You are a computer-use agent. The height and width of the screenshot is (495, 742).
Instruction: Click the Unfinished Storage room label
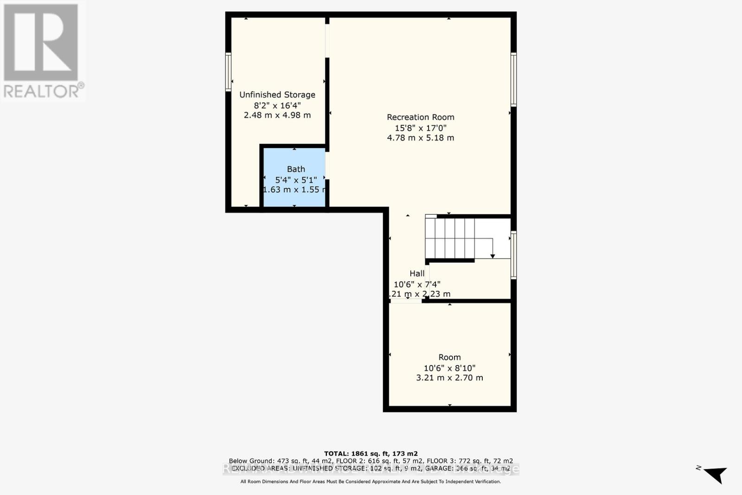point(277,95)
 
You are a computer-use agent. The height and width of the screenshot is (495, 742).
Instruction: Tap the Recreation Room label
point(421,117)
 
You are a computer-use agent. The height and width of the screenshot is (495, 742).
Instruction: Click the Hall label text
point(417,274)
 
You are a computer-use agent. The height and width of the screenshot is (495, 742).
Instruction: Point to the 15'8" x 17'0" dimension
point(421,128)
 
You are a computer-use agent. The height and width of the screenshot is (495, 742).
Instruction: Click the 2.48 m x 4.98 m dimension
point(277,115)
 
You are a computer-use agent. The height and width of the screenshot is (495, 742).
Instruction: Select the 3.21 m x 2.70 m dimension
point(449,378)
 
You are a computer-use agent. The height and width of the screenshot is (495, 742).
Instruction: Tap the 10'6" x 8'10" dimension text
point(449,368)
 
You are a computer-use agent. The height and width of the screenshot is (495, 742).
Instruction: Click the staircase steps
point(450,238)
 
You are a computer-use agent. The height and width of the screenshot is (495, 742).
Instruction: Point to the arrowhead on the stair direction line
point(493,256)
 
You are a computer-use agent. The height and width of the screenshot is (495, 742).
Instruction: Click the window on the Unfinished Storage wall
point(228,72)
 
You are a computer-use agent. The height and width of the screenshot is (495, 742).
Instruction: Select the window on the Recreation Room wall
point(513,80)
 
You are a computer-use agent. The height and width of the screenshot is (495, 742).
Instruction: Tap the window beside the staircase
point(513,255)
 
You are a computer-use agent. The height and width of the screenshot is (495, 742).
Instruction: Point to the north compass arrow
point(715,475)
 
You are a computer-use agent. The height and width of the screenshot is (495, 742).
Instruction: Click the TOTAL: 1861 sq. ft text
point(371,454)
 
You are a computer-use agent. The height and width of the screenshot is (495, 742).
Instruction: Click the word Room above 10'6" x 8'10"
point(449,357)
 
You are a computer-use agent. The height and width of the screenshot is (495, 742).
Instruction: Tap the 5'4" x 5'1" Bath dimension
point(296,180)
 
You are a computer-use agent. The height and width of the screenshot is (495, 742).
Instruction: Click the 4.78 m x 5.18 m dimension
point(421,138)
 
